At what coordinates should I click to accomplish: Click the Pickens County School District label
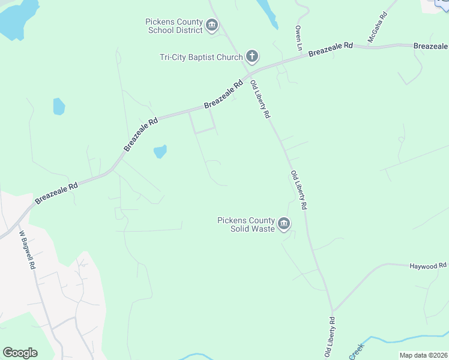[x=174, y=26]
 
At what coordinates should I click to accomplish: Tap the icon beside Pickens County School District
[x=211, y=25]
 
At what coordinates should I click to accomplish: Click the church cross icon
[x=252, y=58]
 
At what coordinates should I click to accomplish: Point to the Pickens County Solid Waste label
[x=246, y=224]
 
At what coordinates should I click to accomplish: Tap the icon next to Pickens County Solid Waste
[x=284, y=225]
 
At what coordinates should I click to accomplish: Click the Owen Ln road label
[x=298, y=37]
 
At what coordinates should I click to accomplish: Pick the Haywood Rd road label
[x=428, y=265]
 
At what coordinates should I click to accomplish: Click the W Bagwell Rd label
[x=28, y=250]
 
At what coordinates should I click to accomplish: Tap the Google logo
[x=20, y=353]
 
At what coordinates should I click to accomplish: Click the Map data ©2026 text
[x=424, y=355]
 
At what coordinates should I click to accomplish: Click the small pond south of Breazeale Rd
[x=160, y=151]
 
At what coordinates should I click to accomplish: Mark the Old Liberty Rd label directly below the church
[x=261, y=99]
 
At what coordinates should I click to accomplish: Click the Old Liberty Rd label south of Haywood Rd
[x=330, y=340]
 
